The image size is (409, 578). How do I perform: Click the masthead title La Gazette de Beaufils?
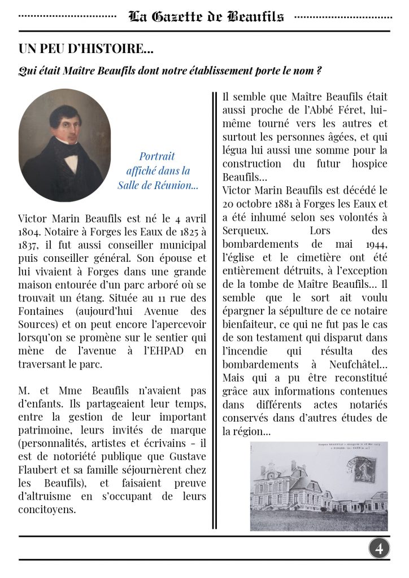206,16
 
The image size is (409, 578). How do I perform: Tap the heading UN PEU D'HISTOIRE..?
86,50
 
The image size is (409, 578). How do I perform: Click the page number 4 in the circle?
379,548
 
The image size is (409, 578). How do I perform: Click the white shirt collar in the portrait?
71,163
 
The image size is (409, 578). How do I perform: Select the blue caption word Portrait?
157,156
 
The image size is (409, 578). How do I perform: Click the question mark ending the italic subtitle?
319,72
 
